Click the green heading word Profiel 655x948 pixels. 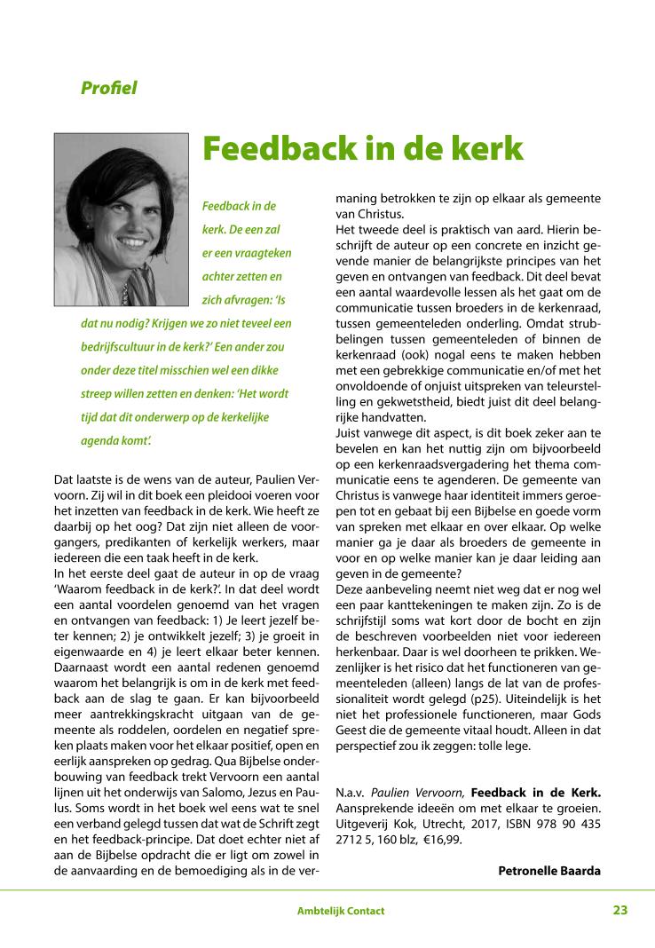(108, 88)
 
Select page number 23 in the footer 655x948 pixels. (619, 910)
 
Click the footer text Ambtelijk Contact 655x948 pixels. (341, 911)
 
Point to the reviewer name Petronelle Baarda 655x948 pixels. (549, 870)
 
